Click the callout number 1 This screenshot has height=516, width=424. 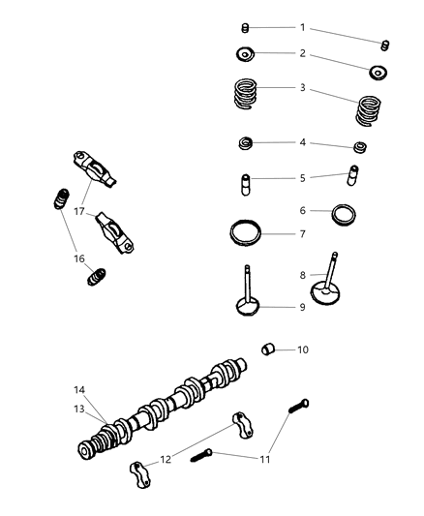(x=302, y=27)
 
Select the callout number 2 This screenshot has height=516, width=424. (x=302, y=53)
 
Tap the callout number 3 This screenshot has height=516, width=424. (x=302, y=88)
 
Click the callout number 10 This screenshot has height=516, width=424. (x=302, y=349)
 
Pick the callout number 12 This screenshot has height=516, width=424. (x=166, y=458)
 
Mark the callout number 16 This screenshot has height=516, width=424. (x=80, y=258)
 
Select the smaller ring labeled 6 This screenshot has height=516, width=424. (x=344, y=212)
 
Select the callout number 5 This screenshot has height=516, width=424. (x=302, y=178)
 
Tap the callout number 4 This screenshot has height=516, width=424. (x=302, y=142)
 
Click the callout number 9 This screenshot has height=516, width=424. (x=302, y=307)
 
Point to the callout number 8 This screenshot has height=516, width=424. (x=302, y=274)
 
